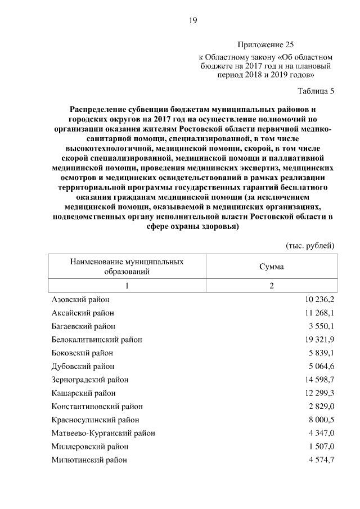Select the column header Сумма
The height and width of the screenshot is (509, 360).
point(271,267)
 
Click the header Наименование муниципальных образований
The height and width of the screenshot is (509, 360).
point(127,267)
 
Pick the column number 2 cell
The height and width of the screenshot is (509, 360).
point(271,286)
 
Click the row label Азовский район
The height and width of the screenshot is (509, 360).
point(80,300)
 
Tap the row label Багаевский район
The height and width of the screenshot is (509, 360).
point(84,326)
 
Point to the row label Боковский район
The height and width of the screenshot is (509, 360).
point(82,353)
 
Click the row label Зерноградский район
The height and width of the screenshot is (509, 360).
point(89,380)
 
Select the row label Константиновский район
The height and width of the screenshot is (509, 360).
point(97,407)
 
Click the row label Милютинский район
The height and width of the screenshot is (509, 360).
point(89,460)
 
